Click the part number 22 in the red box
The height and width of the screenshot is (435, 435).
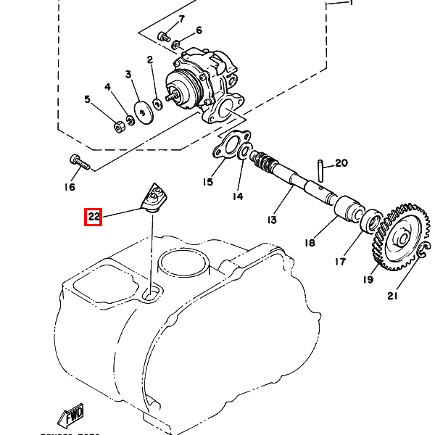click(93, 216)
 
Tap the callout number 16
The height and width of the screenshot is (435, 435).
click(70, 187)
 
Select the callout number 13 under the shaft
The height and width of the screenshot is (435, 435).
click(273, 220)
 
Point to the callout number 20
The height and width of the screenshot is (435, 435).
click(341, 163)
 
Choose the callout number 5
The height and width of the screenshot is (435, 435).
click(88, 99)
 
